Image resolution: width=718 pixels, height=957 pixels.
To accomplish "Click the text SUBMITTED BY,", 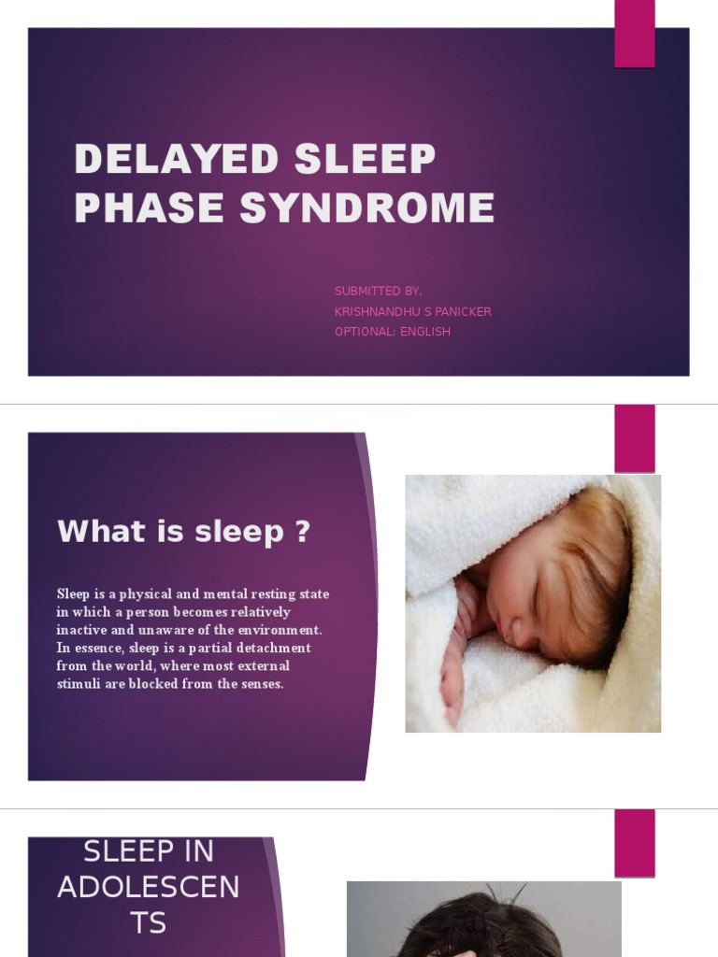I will pyautogui.click(x=378, y=292).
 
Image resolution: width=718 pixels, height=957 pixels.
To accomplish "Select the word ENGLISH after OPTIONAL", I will pyautogui.click(x=425, y=332).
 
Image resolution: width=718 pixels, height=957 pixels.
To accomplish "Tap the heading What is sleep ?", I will pyautogui.click(x=183, y=532).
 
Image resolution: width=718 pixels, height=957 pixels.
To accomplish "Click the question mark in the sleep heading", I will pyautogui.click(x=302, y=532).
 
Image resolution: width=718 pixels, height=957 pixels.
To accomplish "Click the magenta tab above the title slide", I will pyautogui.click(x=634, y=34).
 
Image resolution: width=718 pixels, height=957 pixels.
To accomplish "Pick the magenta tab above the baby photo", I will pyautogui.click(x=634, y=438).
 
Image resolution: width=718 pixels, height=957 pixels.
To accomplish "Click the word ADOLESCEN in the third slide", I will pyautogui.click(x=149, y=887).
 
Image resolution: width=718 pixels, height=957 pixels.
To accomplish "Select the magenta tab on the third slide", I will pyautogui.click(x=634, y=842).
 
